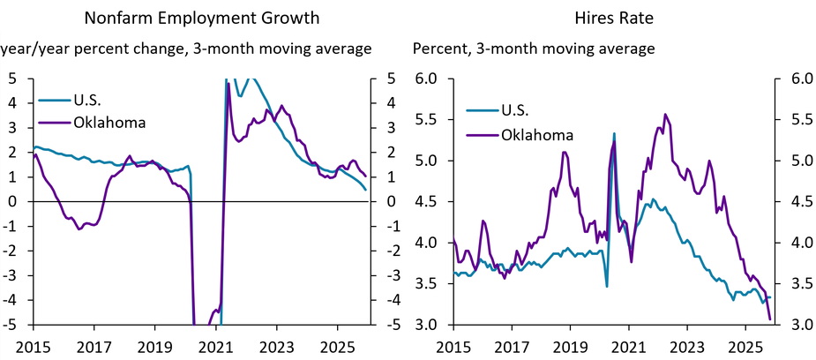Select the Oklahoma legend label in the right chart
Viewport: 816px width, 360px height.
point(537,135)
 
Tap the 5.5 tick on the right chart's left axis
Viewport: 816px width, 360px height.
point(428,120)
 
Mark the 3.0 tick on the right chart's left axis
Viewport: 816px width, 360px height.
point(428,325)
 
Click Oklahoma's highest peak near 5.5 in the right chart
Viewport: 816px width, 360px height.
point(664,114)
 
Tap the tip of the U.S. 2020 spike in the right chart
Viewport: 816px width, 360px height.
point(614,133)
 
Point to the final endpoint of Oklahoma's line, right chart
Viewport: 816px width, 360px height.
point(770,319)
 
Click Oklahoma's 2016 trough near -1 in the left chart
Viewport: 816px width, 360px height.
point(79,229)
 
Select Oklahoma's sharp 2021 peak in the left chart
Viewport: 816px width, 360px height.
point(228,85)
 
